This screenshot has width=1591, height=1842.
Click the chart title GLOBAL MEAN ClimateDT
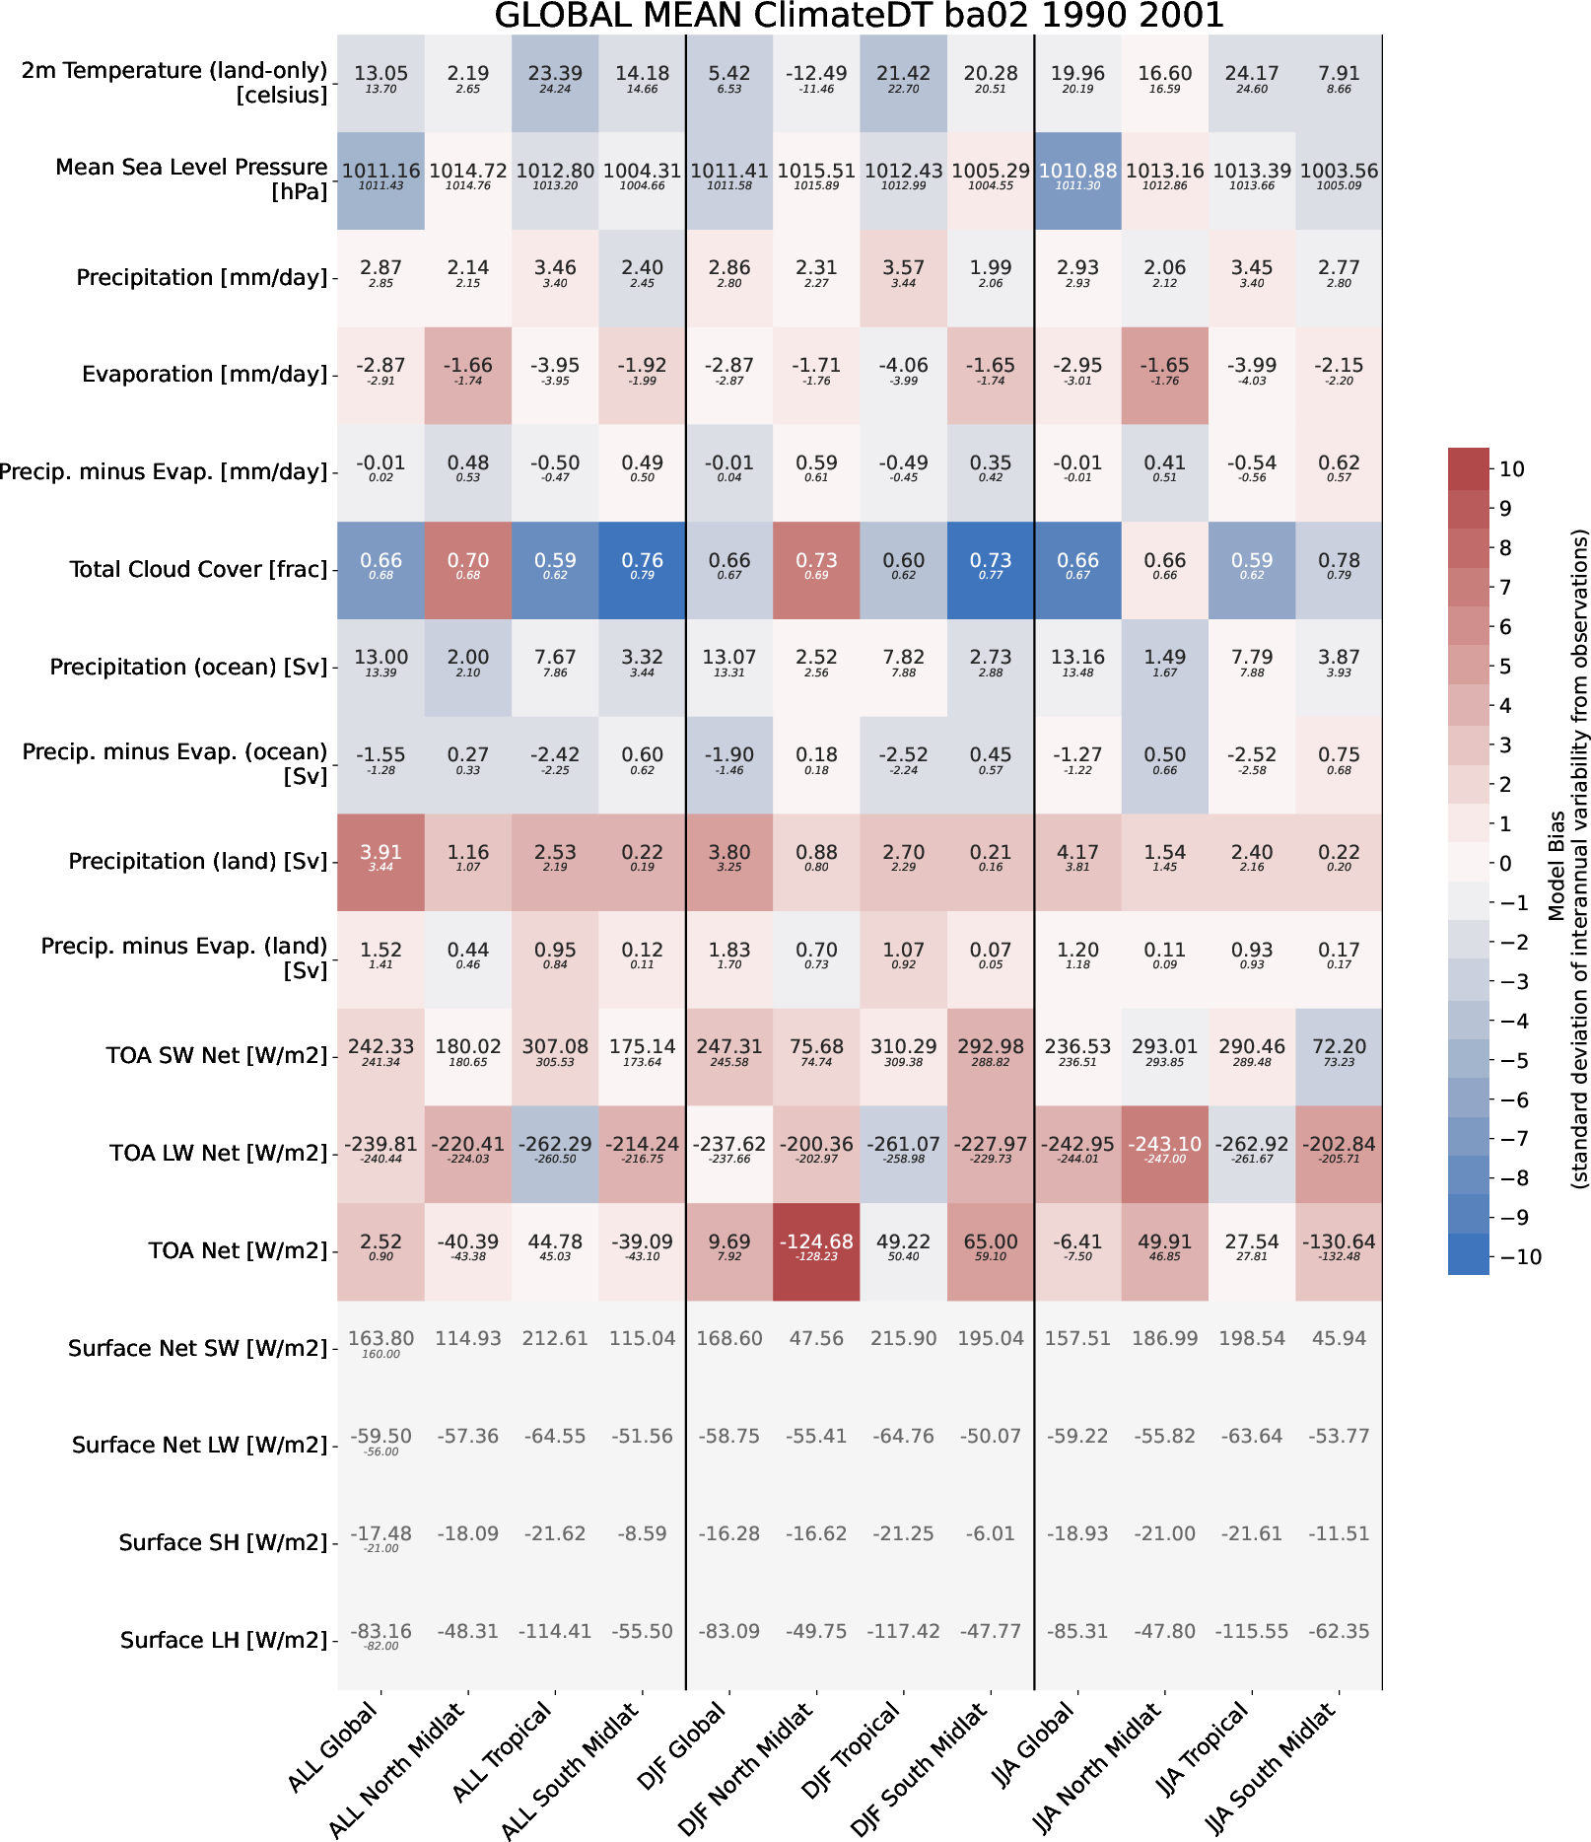tap(859, 16)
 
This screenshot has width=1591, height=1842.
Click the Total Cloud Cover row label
tap(198, 570)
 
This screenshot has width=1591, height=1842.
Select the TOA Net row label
tap(238, 1251)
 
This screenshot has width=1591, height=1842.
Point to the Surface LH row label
tap(224, 1641)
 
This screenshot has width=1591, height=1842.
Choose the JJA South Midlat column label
tap(1272, 1771)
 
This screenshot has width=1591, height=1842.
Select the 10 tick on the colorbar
tap(1512, 469)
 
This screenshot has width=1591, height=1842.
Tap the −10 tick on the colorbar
tap(1519, 1257)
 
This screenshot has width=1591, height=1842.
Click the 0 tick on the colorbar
tap(1505, 864)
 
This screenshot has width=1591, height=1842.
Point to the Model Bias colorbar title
tap(1556, 864)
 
